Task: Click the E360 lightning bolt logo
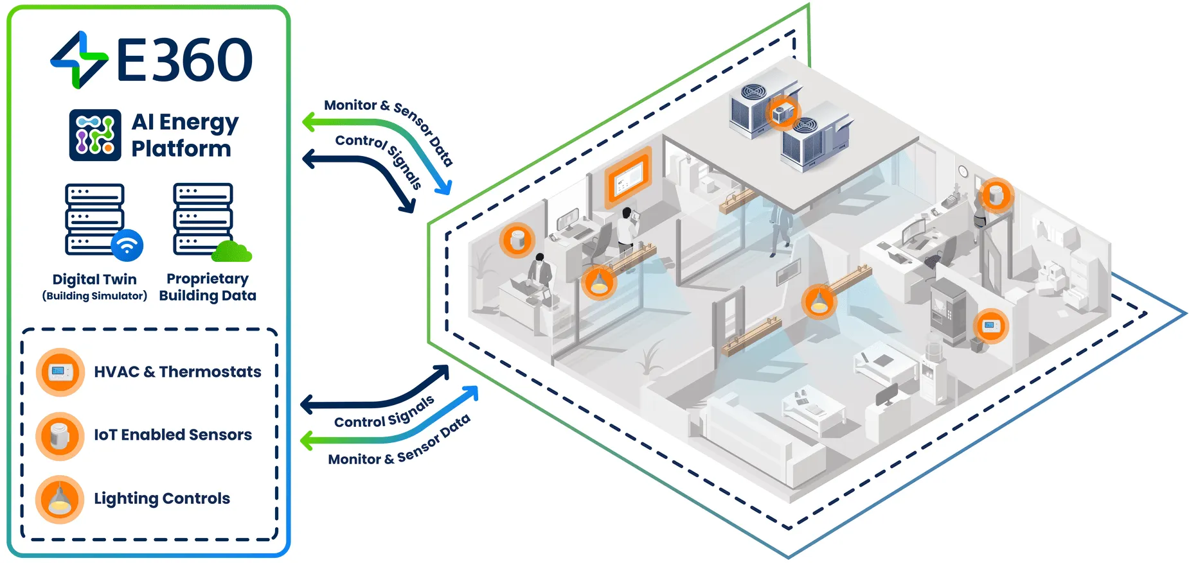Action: tap(79, 60)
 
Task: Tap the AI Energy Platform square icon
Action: tap(95, 135)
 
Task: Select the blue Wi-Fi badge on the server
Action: tap(127, 245)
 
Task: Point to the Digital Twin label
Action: tap(94, 279)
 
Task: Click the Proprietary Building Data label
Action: tap(208, 287)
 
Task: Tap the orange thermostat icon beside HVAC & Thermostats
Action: tap(60, 372)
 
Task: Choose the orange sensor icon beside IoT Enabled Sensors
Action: tap(60, 436)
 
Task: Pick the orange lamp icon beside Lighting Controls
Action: tap(60, 499)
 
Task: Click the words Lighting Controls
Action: tap(162, 499)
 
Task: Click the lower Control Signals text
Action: tap(384, 413)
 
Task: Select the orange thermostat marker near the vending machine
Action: tap(990, 325)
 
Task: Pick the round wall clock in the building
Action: tap(963, 171)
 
